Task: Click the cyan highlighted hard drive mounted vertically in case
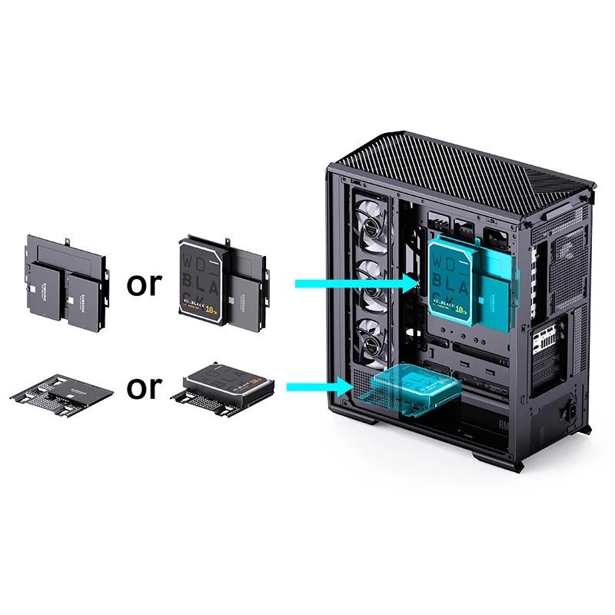click(454, 281)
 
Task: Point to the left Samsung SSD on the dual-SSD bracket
click(43, 291)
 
